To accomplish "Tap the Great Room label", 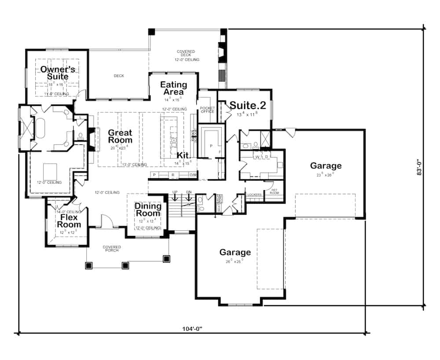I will point(120,136).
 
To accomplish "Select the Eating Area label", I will point(173,88).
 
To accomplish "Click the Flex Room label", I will point(69,221).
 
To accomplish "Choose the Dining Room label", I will point(147,210).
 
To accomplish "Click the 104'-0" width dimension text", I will point(194,328).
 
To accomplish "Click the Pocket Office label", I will point(207,110).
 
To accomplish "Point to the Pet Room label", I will point(274,191).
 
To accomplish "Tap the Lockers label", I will point(255,195).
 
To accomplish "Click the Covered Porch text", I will point(112,249).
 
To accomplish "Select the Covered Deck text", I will point(186,54).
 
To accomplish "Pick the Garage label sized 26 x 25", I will point(235,252).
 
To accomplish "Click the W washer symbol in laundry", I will point(257,156).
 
